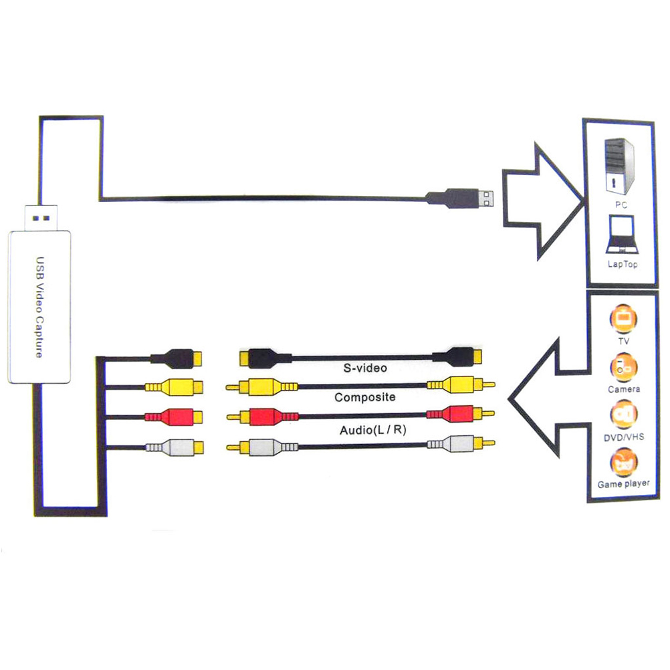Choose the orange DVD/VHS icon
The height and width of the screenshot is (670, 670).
click(623, 415)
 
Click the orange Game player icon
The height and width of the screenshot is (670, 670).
click(623, 463)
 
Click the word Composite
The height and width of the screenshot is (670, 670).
click(365, 397)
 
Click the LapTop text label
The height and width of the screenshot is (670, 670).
click(622, 264)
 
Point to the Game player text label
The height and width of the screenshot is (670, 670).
click(623, 483)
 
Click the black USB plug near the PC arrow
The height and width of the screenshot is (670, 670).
click(461, 198)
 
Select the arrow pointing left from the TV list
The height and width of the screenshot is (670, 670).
click(545, 399)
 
